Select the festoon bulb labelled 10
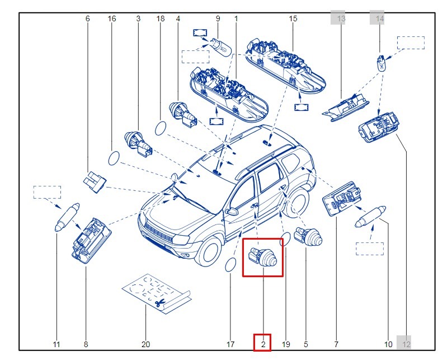coord(369,218)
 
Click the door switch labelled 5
coord(309,237)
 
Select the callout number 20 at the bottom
coord(145,344)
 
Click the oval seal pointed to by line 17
coord(230,265)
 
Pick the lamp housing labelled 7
coord(341,198)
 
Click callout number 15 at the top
coord(293,18)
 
